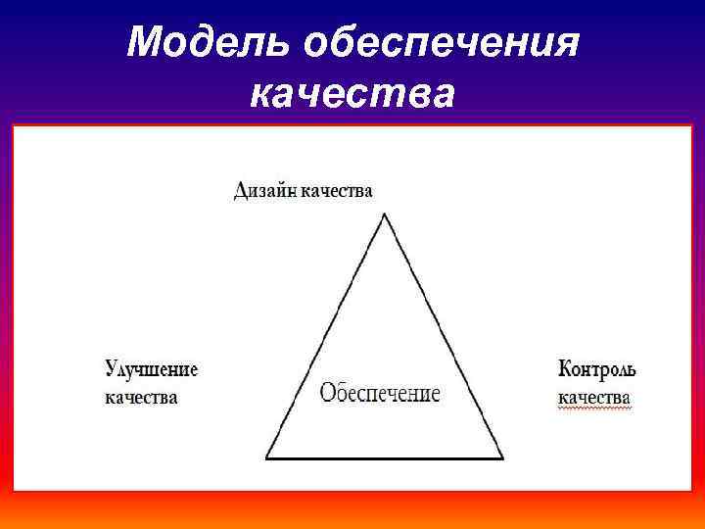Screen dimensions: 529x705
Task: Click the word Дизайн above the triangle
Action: tap(265, 190)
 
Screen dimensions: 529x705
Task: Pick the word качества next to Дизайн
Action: tap(337, 190)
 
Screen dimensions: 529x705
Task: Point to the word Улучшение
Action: tap(152, 369)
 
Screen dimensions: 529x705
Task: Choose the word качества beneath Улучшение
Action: tap(141, 398)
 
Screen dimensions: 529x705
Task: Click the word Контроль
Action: tap(597, 369)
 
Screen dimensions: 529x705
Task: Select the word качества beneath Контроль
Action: tap(594, 398)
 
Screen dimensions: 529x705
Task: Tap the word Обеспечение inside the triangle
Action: tap(380, 394)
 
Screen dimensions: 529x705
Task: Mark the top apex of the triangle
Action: tap(384, 214)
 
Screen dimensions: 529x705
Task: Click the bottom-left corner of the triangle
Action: tap(267, 457)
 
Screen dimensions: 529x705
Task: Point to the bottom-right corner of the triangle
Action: tap(502, 457)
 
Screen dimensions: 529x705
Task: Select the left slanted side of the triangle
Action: tap(325, 336)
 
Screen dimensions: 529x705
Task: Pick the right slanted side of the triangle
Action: tap(444, 336)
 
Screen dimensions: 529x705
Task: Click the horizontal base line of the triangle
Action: tap(385, 457)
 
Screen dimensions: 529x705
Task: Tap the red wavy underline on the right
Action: tap(594, 409)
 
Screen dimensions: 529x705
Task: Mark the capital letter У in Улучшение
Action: tap(112, 369)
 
